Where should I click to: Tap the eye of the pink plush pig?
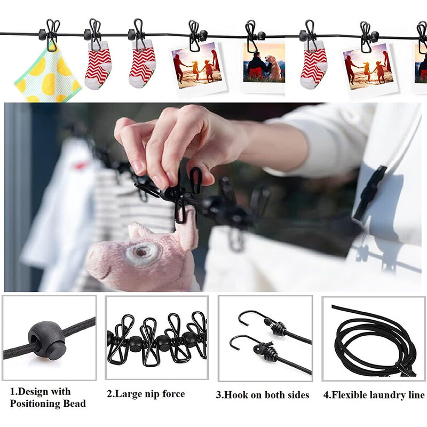(x=141, y=252)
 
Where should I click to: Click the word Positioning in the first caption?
(x=35, y=404)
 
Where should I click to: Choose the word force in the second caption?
(x=173, y=394)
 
